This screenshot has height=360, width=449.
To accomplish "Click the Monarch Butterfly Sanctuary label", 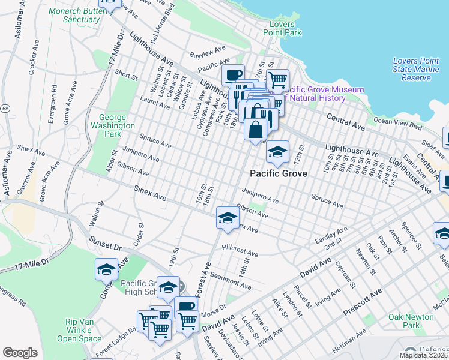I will click(82, 15).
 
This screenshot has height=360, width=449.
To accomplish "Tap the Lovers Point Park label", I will click(282, 28).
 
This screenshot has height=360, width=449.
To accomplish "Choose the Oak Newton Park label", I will click(411, 321).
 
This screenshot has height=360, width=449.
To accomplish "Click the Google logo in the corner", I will click(20, 353).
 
